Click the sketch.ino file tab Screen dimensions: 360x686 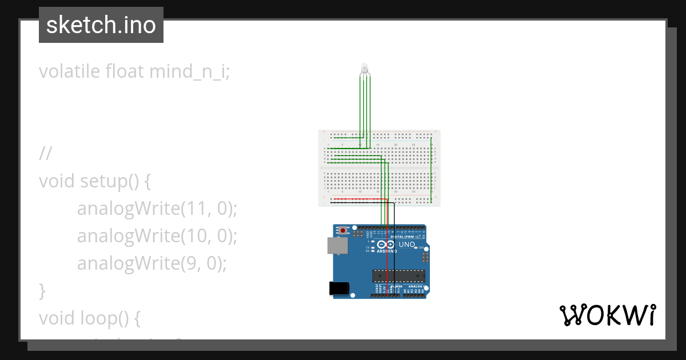tap(101, 25)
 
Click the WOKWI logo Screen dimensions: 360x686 tap(607, 315)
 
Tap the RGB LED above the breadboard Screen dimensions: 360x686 tap(364, 70)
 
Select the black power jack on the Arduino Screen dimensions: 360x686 tap(339, 289)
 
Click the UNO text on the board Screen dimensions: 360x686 tap(406, 245)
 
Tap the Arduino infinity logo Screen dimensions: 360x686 tap(386, 245)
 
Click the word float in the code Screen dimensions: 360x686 tap(125, 72)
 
